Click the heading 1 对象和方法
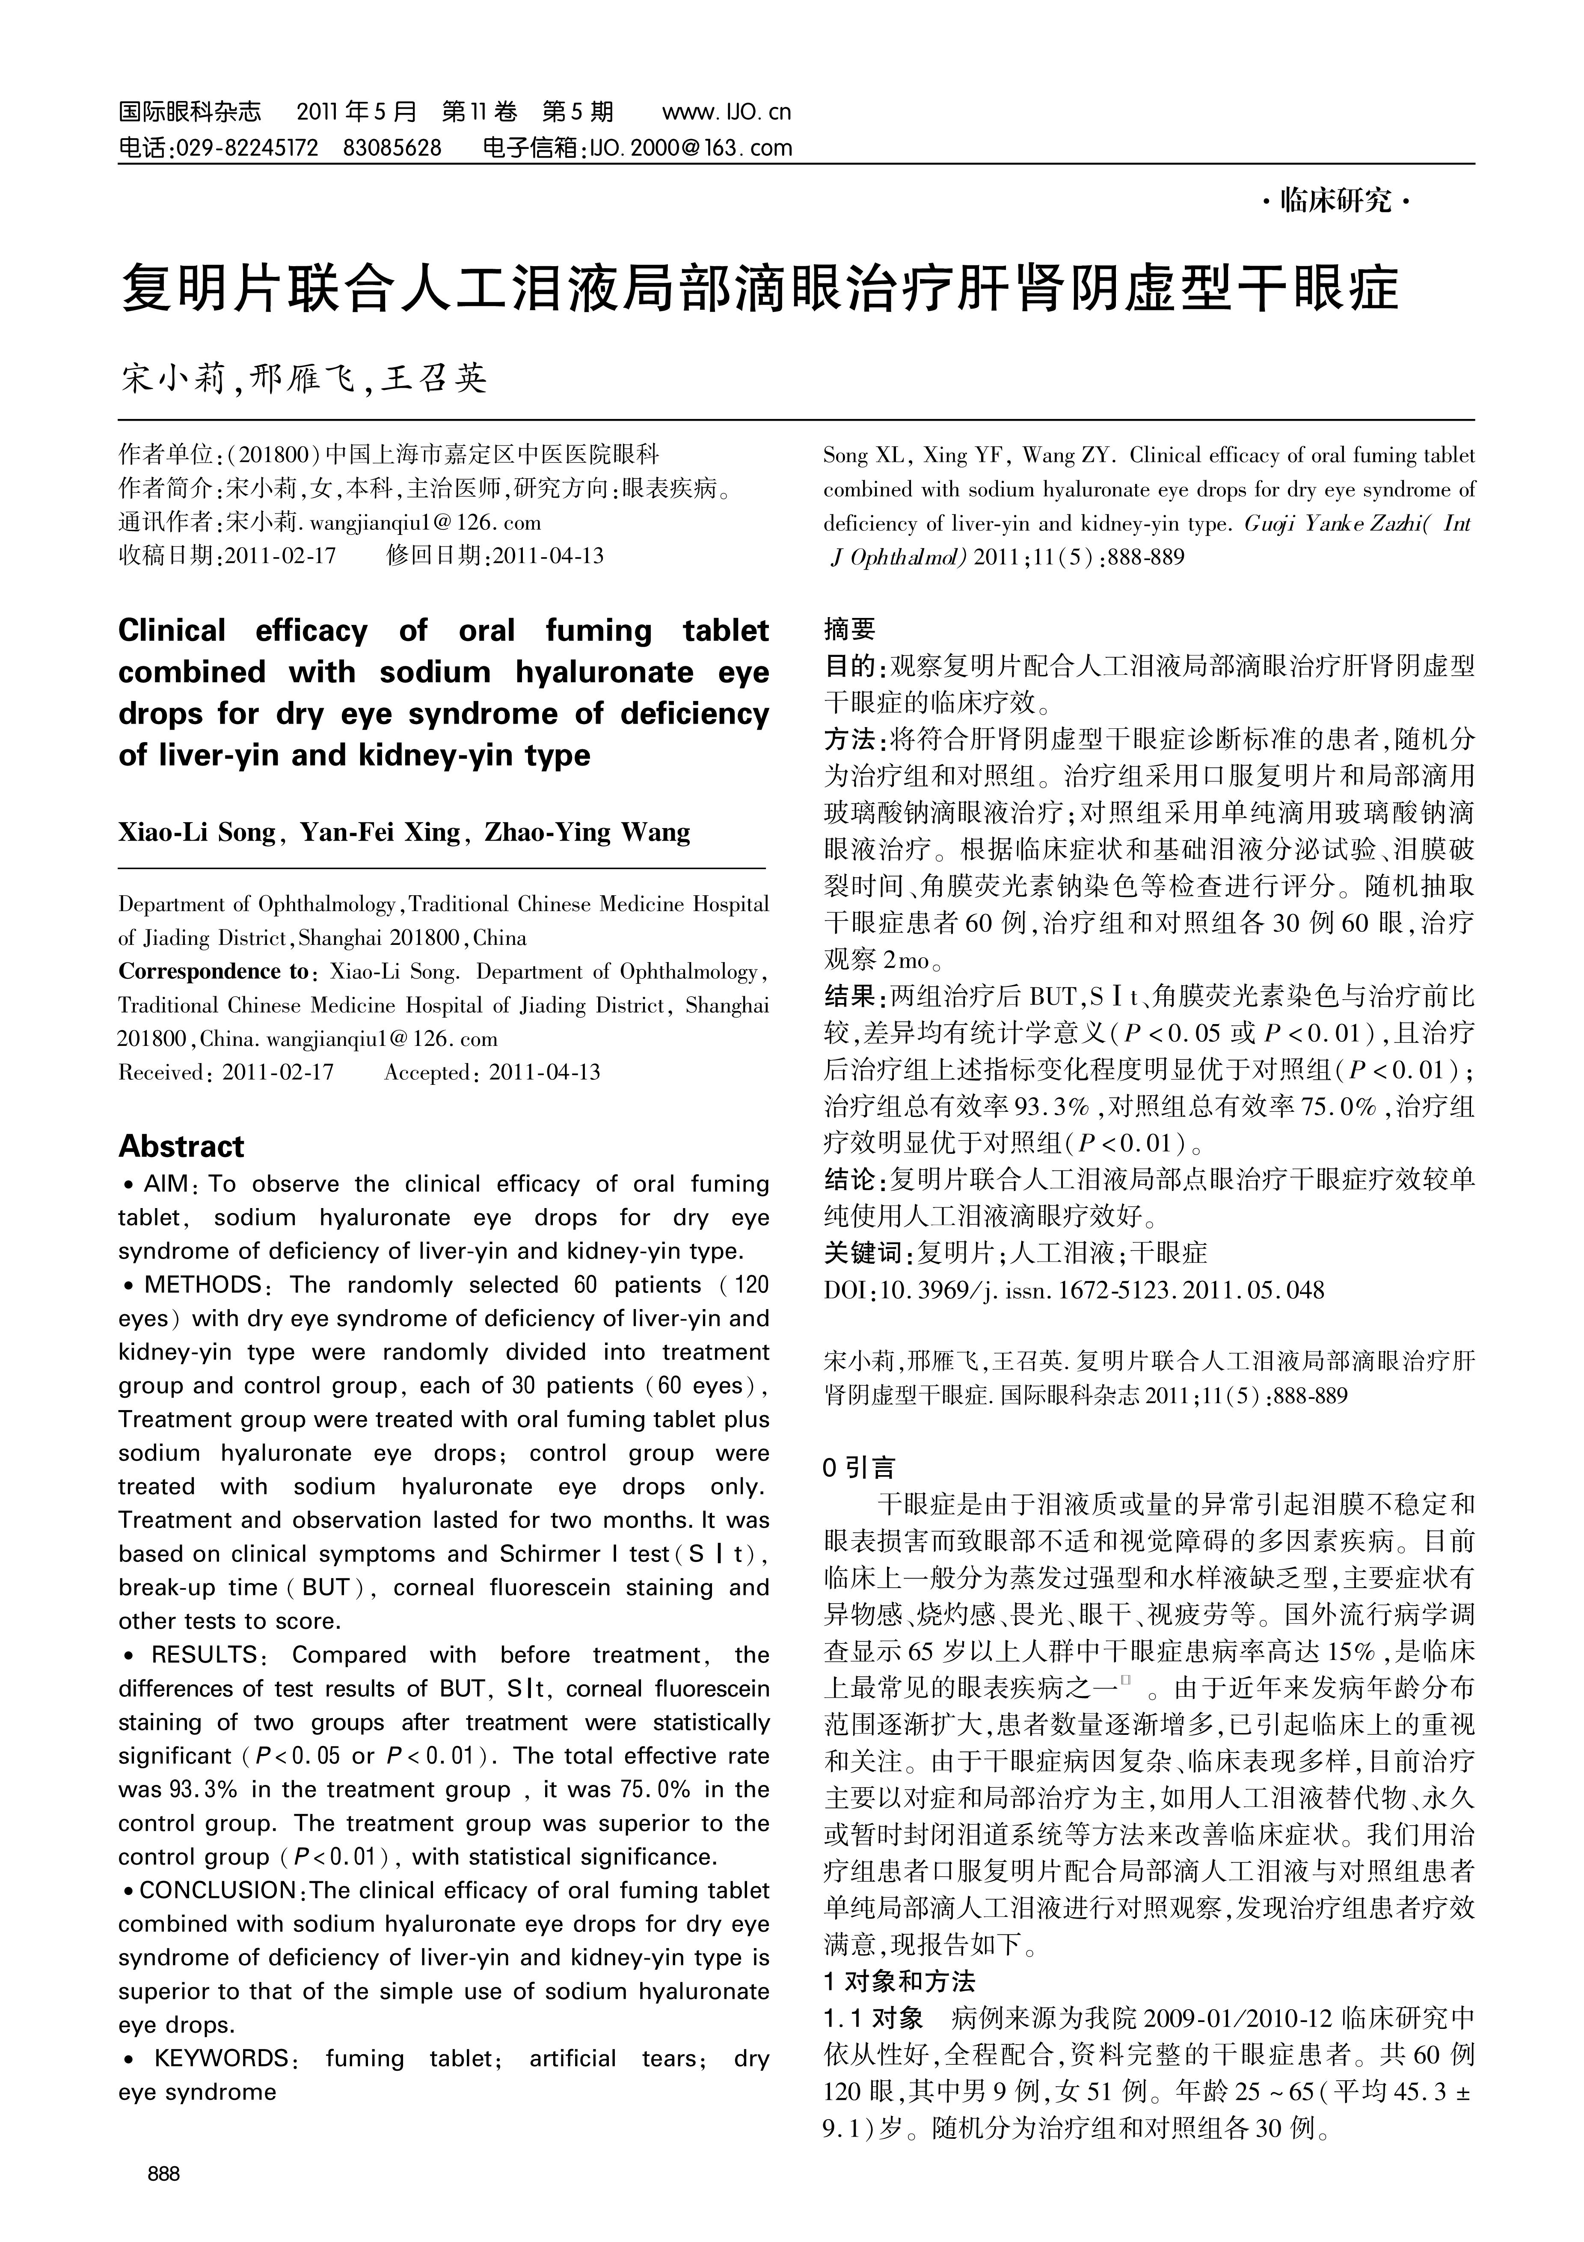pyautogui.click(x=899, y=1981)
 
